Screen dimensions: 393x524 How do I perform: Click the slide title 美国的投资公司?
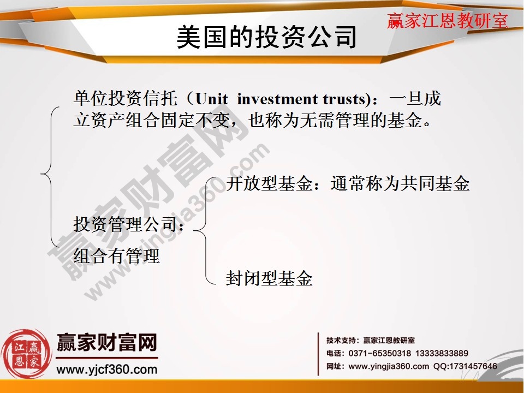(267, 38)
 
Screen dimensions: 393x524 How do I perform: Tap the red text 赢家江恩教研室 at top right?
(448, 21)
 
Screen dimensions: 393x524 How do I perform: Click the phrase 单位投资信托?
(126, 99)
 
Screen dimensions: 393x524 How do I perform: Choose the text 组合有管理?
(116, 255)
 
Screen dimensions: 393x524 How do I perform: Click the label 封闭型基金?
(269, 279)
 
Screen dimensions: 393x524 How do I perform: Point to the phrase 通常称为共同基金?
(400, 184)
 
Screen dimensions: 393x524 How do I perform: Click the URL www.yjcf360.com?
(107, 370)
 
